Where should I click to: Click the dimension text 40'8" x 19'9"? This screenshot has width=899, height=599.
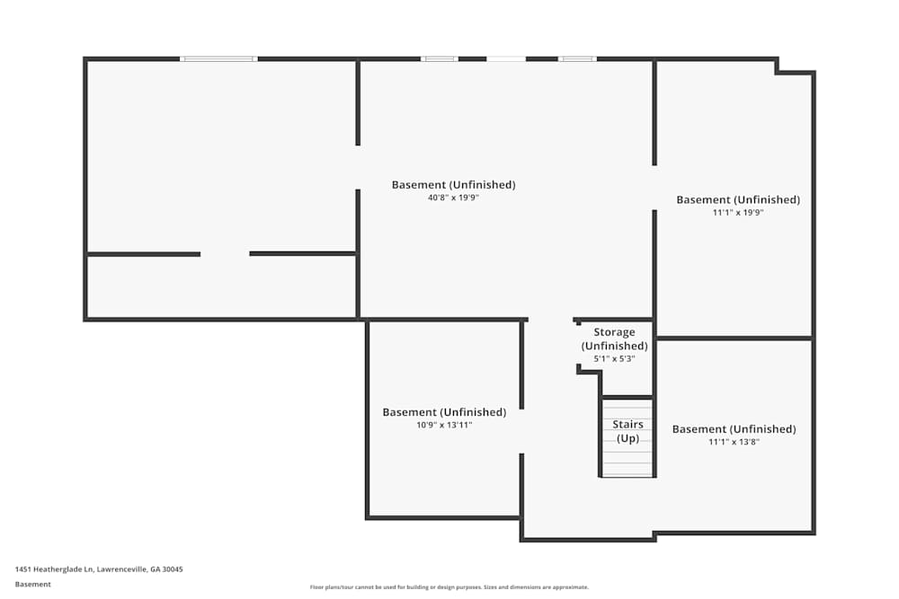(x=453, y=198)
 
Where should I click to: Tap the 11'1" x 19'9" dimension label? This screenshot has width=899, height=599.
(x=738, y=213)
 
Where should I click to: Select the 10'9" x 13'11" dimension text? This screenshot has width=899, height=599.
(x=444, y=425)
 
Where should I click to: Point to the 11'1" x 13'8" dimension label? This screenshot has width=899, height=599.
(x=734, y=442)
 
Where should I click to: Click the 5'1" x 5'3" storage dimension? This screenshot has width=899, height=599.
(x=614, y=359)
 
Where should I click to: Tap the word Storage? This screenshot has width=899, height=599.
(x=614, y=332)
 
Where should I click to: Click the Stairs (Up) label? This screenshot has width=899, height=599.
(x=628, y=431)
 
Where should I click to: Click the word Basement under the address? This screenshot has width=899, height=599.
(x=33, y=584)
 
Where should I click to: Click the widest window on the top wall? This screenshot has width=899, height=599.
(x=218, y=59)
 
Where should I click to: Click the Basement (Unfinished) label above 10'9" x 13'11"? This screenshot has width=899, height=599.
(x=444, y=412)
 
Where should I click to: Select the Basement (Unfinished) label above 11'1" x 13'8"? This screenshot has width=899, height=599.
(x=734, y=429)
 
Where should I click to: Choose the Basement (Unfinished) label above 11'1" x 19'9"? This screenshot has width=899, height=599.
(x=738, y=200)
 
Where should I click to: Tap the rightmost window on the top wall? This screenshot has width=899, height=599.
(x=576, y=59)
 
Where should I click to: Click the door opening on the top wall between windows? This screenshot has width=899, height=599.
(x=506, y=59)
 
